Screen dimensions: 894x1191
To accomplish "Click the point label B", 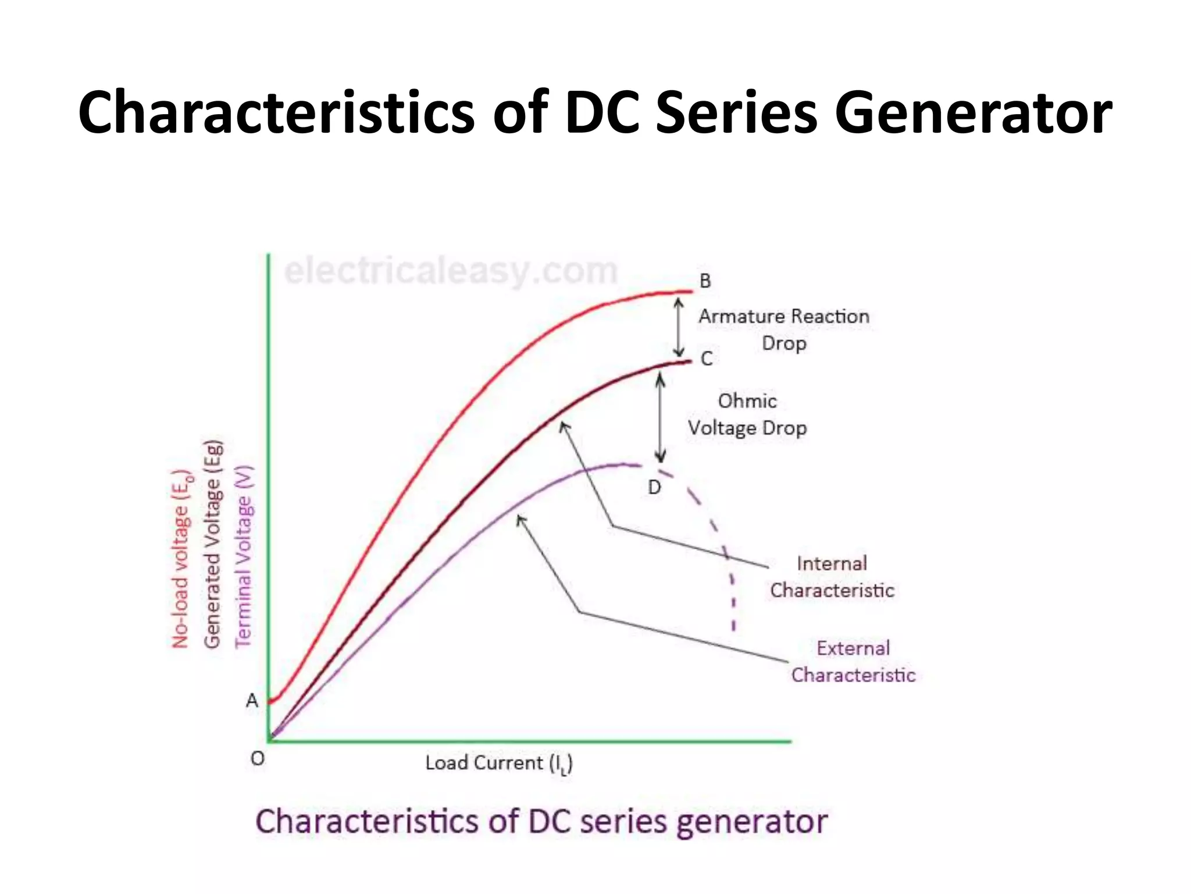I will [x=705, y=281].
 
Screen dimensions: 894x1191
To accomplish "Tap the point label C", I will [x=707, y=359].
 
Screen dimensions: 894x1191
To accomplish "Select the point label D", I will [x=654, y=487].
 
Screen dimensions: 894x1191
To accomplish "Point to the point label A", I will [x=252, y=700].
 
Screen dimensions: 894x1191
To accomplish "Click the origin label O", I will [x=257, y=758].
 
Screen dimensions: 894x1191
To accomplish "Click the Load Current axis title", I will [x=498, y=764].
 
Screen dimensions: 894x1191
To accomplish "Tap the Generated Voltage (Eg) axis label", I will [x=213, y=544].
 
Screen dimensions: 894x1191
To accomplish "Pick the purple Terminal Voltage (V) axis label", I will [x=244, y=556].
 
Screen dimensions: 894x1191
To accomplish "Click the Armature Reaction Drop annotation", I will [x=784, y=329].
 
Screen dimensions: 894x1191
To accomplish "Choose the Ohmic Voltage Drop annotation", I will [x=747, y=414].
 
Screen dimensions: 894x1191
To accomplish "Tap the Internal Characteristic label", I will [x=832, y=577].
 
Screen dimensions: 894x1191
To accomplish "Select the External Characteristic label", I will [x=853, y=662].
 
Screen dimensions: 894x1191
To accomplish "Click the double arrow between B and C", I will [x=678, y=327].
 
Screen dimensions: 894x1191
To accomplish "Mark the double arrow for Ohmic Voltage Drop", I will [x=660, y=417].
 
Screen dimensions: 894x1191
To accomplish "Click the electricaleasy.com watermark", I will [x=451, y=271].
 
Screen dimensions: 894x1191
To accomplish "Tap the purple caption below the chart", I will [x=541, y=821].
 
